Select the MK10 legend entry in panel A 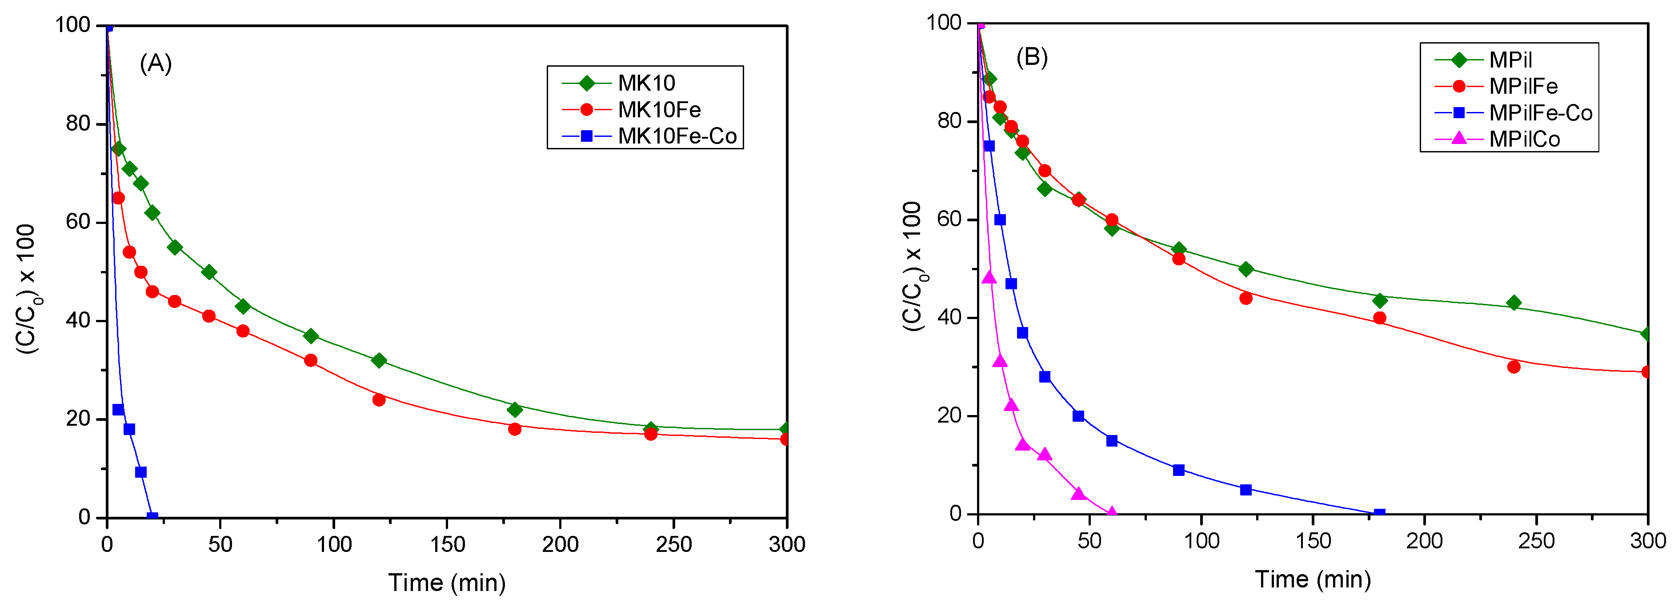tap(646, 83)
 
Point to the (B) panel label tap(1032, 57)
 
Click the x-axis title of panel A tap(447, 582)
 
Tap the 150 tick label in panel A tap(447, 544)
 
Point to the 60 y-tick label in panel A tap(77, 222)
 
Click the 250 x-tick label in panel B tap(1536, 540)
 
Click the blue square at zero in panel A tap(152, 517)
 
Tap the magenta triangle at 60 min tap(1111, 512)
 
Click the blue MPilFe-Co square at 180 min tap(1379, 514)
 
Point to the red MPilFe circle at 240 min tap(1513, 367)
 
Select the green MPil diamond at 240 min tap(1513, 303)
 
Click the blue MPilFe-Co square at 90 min tap(1178, 470)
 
